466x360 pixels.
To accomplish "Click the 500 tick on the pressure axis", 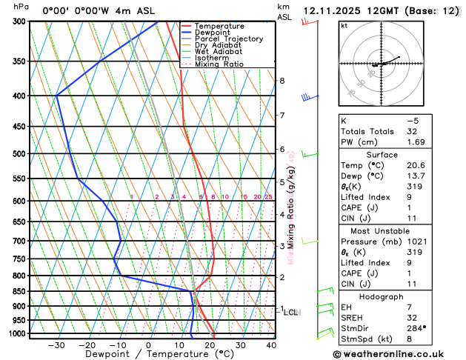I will pos(19,154).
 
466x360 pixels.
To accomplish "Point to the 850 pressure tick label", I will pos(19,292).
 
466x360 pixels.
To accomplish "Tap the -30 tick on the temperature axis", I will pos(56,345).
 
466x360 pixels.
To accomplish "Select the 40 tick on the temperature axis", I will pos(271,345).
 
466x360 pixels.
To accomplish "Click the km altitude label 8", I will pos(282,81).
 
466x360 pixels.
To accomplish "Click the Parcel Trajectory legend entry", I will pos(233,39).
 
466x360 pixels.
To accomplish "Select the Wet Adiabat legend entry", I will pos(223,52).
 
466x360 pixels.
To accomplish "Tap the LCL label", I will pos(291,313).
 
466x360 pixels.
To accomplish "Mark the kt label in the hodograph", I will pos(344,25).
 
